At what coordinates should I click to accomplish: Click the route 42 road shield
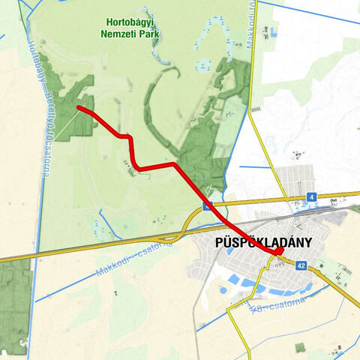tap(301, 265)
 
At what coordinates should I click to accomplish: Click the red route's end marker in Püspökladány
tap(277, 251)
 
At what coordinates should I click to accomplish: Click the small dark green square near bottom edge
tap(300, 346)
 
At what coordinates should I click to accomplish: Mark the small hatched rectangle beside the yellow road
tap(256, 109)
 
